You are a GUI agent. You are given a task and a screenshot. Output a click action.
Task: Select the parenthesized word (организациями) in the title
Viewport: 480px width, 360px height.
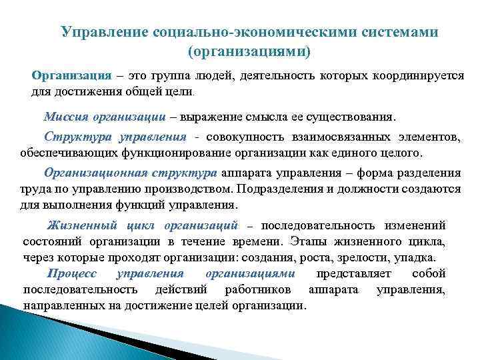click(x=249, y=51)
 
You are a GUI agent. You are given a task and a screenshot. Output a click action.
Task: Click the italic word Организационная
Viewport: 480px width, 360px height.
click(x=93, y=173)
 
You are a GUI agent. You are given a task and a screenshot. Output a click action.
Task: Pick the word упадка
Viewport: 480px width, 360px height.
click(x=415, y=256)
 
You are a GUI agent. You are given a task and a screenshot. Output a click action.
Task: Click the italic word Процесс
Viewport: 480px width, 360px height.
click(x=72, y=274)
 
